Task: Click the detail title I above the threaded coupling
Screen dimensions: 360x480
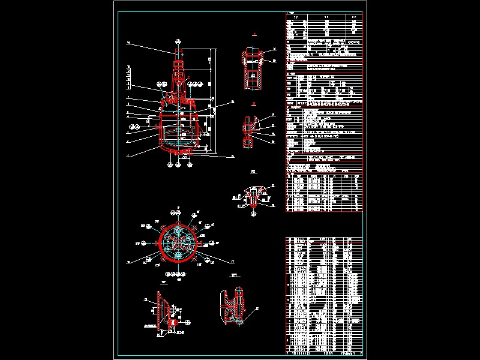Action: tap(254, 35)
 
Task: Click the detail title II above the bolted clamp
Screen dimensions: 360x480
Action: tap(254, 104)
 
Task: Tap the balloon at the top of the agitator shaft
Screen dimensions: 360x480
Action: tap(179, 42)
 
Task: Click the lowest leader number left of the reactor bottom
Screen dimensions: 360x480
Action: tap(128, 155)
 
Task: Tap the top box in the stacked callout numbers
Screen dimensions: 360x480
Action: tap(128, 67)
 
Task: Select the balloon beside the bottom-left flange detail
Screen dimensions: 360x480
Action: tap(145, 299)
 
